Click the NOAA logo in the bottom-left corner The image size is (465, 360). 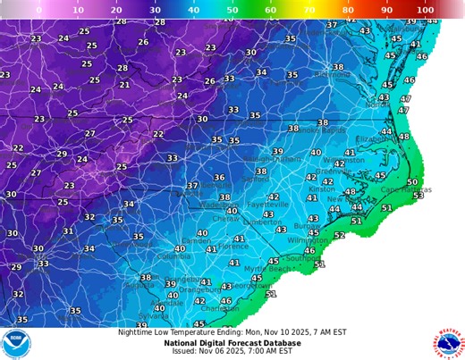(x=15, y=343)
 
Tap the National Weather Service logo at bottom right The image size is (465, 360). (x=448, y=343)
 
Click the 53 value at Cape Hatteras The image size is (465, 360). (x=418, y=195)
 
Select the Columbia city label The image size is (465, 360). (x=173, y=255)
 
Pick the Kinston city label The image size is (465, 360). (x=321, y=189)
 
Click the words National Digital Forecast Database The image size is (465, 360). (x=232, y=342)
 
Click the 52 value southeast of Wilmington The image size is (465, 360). (x=339, y=236)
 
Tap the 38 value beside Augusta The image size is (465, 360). (x=146, y=278)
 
